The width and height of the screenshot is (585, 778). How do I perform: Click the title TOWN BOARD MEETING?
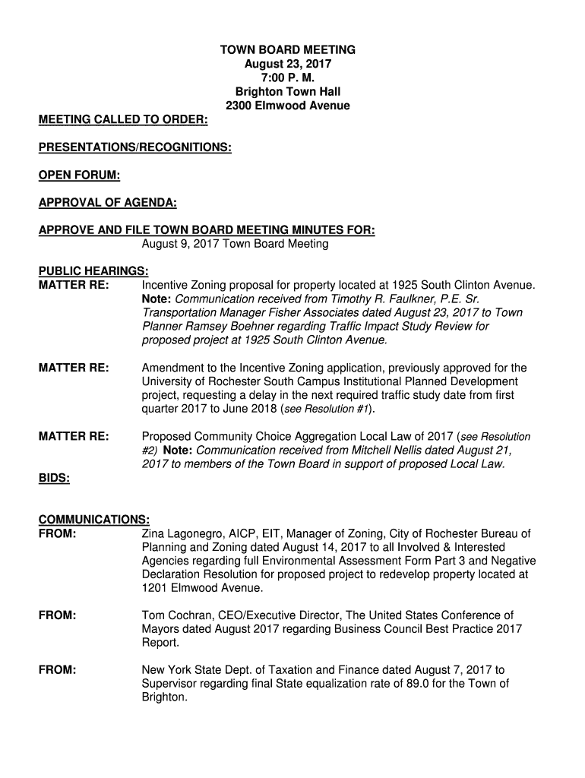pyautogui.click(x=288, y=50)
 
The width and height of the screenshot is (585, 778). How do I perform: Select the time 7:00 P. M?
pyautogui.click(x=288, y=78)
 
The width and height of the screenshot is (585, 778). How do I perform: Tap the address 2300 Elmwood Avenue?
pyautogui.click(x=288, y=106)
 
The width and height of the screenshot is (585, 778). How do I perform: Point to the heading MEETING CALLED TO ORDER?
pyautogui.click(x=125, y=120)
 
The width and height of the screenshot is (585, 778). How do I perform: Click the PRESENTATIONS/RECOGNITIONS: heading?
pyautogui.click(x=135, y=147)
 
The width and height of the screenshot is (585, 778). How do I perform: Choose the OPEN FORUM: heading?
pyautogui.click(x=80, y=176)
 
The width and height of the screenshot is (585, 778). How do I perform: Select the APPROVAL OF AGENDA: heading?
pyautogui.click(x=108, y=203)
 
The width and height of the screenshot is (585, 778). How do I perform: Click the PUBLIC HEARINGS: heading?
pyautogui.click(x=93, y=271)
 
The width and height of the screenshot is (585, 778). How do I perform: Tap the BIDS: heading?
pyautogui.click(x=55, y=478)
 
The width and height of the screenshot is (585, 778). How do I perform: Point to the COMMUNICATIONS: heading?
pyautogui.click(x=94, y=520)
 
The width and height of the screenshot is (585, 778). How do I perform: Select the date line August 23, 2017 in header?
pyautogui.click(x=288, y=65)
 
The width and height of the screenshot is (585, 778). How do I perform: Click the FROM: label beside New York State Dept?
pyautogui.click(x=57, y=670)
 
